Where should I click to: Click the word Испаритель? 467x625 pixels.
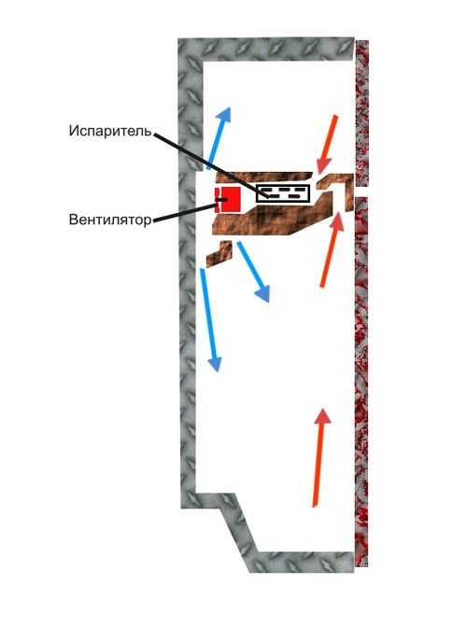[x=110, y=131]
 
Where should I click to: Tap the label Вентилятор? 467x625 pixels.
[x=110, y=219]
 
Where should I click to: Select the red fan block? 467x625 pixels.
[x=228, y=199]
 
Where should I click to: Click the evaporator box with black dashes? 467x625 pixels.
[x=283, y=193]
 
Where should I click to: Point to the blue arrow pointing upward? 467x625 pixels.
[x=218, y=138]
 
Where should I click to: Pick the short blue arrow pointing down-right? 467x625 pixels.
[x=253, y=271]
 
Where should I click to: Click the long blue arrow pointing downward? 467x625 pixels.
[x=210, y=320]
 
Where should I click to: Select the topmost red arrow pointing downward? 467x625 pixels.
[x=328, y=144]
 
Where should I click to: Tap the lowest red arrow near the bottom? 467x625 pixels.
[x=320, y=457]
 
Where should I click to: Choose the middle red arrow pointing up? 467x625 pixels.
[x=331, y=250]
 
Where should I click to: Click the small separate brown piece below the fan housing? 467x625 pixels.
[x=219, y=253]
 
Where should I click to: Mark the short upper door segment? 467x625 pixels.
[x=361, y=113]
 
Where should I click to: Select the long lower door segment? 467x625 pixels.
[x=361, y=380]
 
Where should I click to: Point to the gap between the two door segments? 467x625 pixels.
[x=361, y=192]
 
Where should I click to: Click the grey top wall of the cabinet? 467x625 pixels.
[x=266, y=49]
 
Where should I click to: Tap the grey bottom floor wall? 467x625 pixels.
[x=303, y=562]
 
